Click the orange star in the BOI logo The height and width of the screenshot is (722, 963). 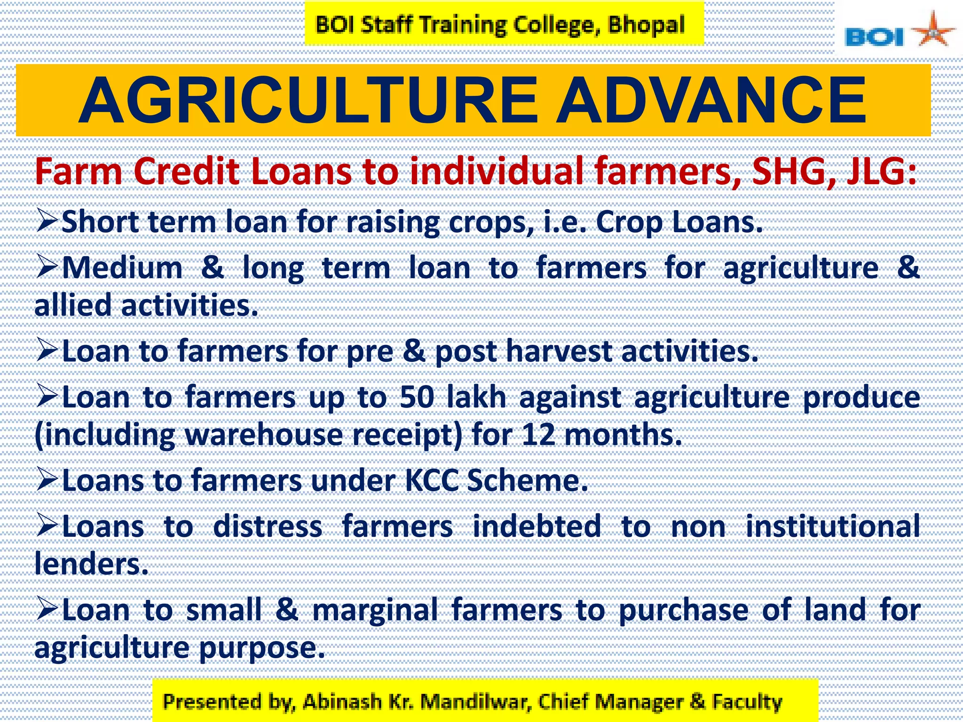[933, 31]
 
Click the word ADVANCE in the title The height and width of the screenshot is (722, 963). [711, 101]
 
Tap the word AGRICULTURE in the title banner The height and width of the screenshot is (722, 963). [308, 101]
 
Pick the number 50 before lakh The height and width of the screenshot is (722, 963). [417, 397]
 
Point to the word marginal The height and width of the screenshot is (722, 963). [375, 610]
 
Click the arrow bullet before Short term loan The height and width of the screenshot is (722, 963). [47, 221]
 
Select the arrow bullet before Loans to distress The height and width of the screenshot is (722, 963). [47, 525]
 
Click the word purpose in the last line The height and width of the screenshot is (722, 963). [261, 648]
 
